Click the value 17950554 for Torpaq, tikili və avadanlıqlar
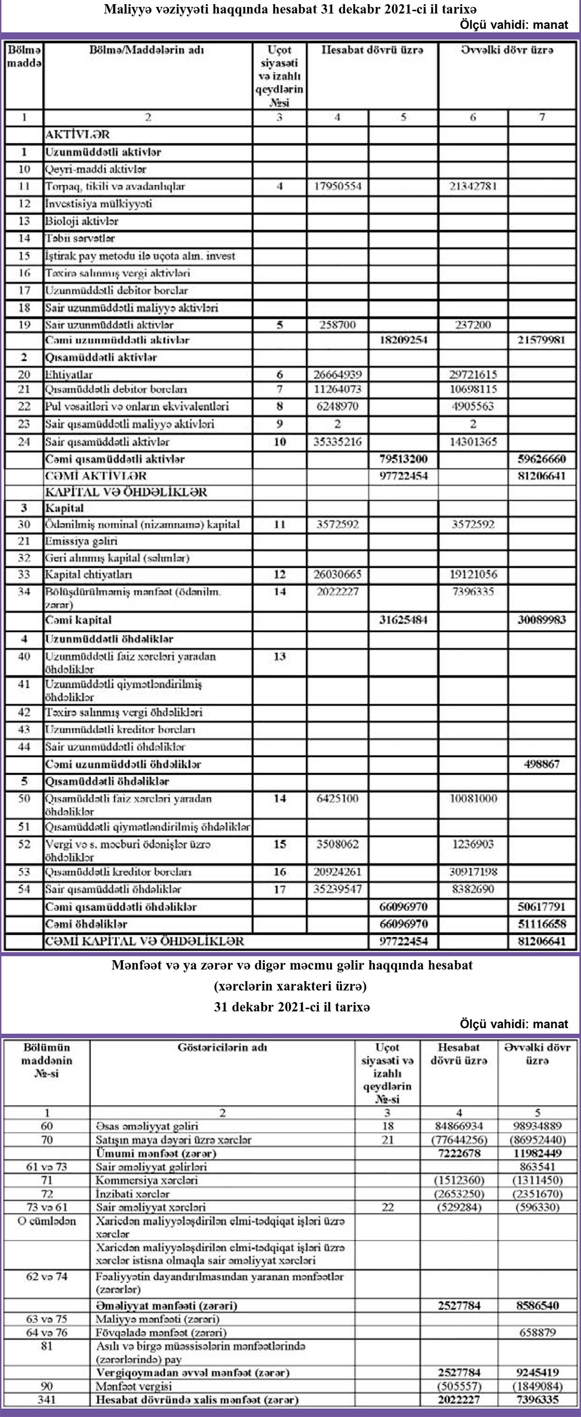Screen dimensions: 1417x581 coord(338,187)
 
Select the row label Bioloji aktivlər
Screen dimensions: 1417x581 coord(82,221)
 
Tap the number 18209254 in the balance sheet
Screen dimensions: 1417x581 coord(403,340)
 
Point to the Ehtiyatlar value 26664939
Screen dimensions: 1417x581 coord(338,375)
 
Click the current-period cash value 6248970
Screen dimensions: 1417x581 coord(338,406)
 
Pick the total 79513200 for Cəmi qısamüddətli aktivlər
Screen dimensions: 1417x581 coord(403,459)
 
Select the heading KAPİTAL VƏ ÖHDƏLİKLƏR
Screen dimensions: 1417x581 coord(126,492)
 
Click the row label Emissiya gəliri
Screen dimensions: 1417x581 coord(81,541)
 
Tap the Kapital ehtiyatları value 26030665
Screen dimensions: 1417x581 coord(338,574)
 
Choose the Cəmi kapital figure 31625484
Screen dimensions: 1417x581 coord(403,620)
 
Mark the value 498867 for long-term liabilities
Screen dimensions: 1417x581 coord(541,764)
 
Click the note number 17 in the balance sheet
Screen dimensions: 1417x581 coord(279,889)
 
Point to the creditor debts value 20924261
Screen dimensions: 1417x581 coord(338,872)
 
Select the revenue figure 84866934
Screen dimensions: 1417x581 coord(458,1126)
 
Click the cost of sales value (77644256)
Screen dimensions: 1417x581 coord(458,1140)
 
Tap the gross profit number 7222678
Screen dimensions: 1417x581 coord(458,1153)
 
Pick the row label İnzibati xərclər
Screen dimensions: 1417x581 coord(132,1194)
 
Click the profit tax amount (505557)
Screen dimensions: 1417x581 coord(458,1386)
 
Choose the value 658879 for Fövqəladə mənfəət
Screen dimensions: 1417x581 coord(537,1332)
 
